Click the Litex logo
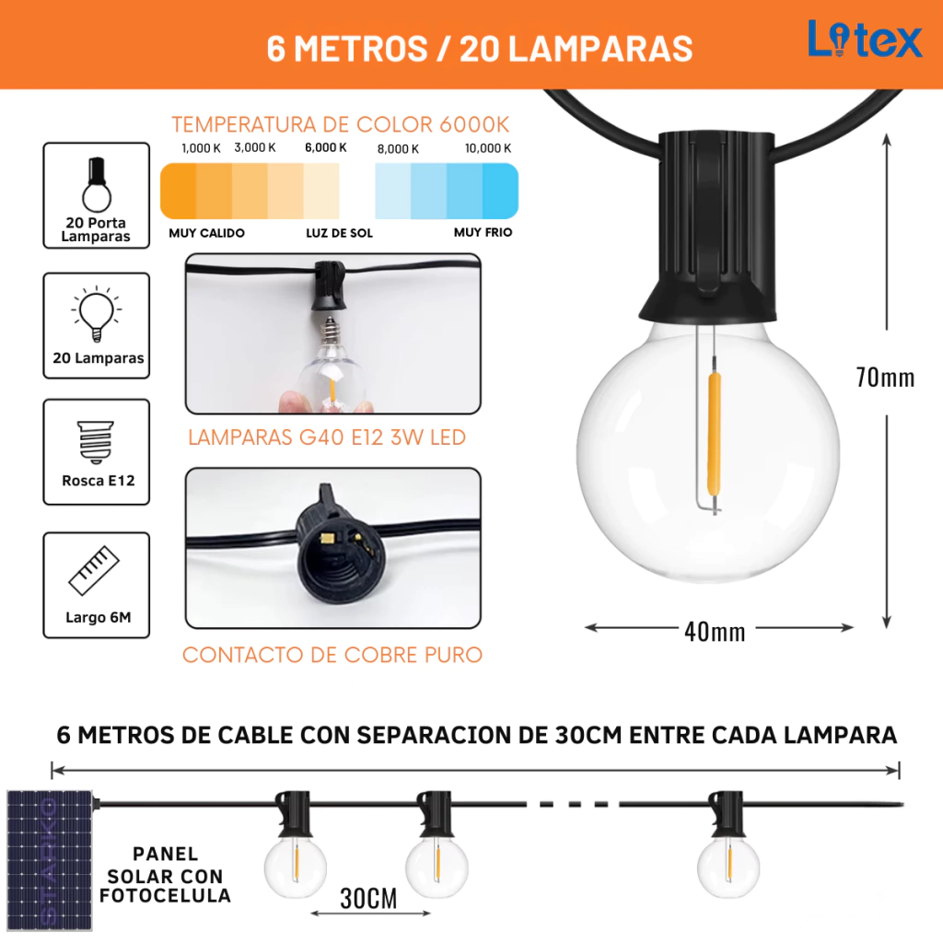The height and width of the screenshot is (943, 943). (864, 39)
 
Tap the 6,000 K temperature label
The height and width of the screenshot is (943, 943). (325, 147)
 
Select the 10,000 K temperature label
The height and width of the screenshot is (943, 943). (488, 148)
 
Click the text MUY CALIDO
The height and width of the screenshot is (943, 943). (206, 233)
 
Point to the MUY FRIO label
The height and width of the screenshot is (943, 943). (483, 232)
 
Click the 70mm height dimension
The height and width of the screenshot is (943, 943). (885, 378)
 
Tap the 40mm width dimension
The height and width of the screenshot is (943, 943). (715, 632)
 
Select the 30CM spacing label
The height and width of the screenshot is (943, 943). (368, 899)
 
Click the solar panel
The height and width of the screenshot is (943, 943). (50, 861)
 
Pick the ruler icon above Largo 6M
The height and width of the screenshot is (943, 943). (94, 569)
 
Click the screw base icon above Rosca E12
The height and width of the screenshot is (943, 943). (96, 442)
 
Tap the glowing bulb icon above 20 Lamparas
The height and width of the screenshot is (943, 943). (96, 313)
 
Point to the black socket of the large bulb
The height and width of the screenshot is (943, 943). (707, 226)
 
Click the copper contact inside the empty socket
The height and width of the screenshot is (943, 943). (328, 538)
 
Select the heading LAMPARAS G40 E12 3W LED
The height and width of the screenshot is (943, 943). (327, 437)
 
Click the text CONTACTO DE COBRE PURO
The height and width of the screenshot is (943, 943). (332, 655)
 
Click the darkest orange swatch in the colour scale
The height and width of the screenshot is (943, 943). (179, 191)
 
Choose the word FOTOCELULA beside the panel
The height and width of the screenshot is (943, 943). (166, 895)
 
